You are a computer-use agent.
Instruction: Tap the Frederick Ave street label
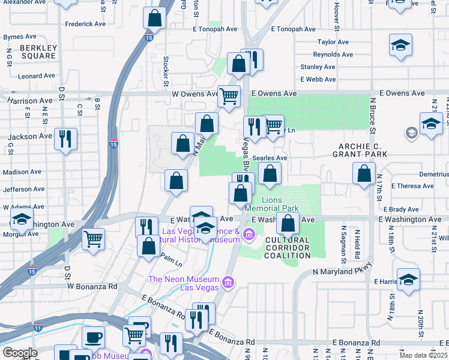click(85, 24)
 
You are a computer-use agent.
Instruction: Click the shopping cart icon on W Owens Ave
click(229, 96)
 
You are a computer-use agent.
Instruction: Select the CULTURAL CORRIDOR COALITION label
click(287, 248)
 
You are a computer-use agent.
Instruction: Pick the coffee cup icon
click(93, 337)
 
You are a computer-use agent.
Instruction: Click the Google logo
click(20, 353)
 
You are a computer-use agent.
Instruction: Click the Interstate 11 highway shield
click(38, 328)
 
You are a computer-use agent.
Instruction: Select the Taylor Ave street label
click(333, 42)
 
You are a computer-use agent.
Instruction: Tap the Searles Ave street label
click(270, 158)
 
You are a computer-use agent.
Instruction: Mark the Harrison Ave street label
click(29, 101)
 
